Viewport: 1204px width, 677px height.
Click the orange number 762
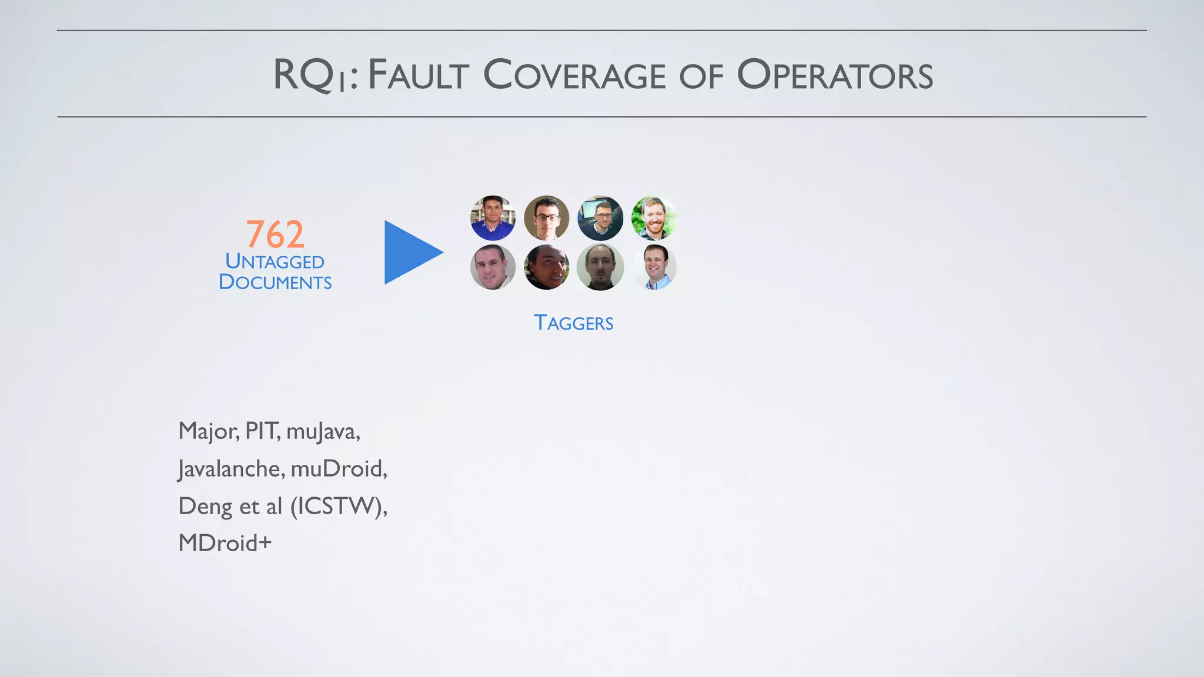coord(275,234)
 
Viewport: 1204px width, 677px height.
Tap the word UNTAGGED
coord(275,262)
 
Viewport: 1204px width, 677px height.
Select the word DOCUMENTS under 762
coord(275,282)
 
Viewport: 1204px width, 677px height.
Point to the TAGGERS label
coord(573,323)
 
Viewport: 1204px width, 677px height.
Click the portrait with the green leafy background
coord(654,218)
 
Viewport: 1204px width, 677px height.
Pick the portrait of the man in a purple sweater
coord(493,218)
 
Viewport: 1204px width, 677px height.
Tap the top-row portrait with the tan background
coord(546,218)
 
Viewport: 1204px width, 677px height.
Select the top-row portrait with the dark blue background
coord(600,218)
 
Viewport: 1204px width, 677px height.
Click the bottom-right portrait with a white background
coord(654,267)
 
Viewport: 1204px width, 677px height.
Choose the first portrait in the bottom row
coord(493,267)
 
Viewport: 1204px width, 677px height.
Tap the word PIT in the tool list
coord(262,431)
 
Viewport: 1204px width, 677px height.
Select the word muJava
coord(323,432)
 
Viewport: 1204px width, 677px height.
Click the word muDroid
coord(339,469)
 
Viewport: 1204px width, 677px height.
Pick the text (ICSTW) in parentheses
coord(338,506)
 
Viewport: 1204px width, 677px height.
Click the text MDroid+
coord(225,543)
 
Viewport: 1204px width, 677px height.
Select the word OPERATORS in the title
coord(835,75)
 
